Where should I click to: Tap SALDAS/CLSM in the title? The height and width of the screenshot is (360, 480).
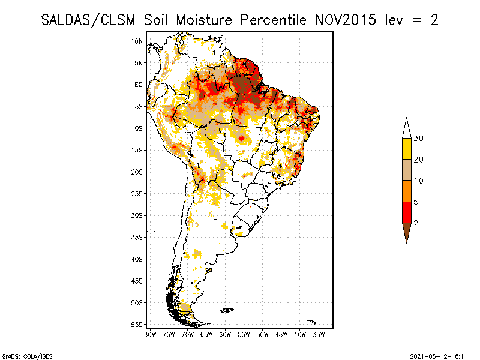tap(89, 20)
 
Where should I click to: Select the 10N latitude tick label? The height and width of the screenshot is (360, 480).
tap(137, 41)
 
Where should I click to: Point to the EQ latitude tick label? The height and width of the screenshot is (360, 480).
tap(139, 85)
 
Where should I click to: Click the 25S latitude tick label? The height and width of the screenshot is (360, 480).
tap(137, 193)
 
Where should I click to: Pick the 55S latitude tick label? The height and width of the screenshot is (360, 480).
tap(137, 324)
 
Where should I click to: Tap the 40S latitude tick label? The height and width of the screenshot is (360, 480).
tap(137, 259)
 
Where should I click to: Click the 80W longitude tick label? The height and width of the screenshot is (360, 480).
tap(151, 334)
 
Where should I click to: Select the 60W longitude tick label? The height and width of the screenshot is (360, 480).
tap(225, 334)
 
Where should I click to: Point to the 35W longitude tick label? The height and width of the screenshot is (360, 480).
tap(319, 334)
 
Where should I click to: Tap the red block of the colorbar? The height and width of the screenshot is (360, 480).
tap(406, 212)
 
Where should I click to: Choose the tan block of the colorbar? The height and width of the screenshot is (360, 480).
tap(406, 170)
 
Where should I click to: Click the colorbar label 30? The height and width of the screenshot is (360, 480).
tap(419, 139)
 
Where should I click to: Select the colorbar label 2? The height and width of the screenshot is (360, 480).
tap(416, 223)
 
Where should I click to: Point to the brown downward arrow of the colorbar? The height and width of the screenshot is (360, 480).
tap(406, 232)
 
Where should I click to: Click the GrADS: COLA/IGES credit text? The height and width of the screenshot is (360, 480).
tap(20, 355)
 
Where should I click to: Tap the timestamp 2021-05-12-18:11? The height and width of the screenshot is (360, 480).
tap(439, 355)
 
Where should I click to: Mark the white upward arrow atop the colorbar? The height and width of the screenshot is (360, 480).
tap(406, 128)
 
